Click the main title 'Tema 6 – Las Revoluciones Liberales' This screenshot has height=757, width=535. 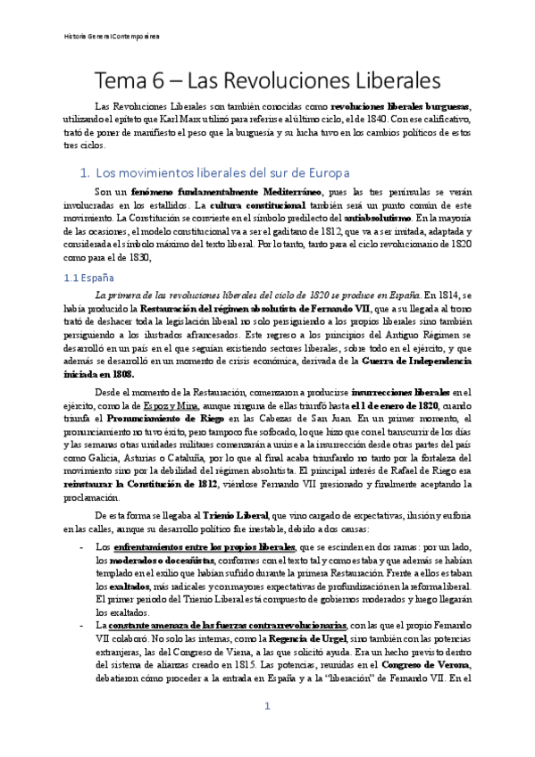[x=267, y=79]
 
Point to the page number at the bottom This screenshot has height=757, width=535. [x=266, y=732]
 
